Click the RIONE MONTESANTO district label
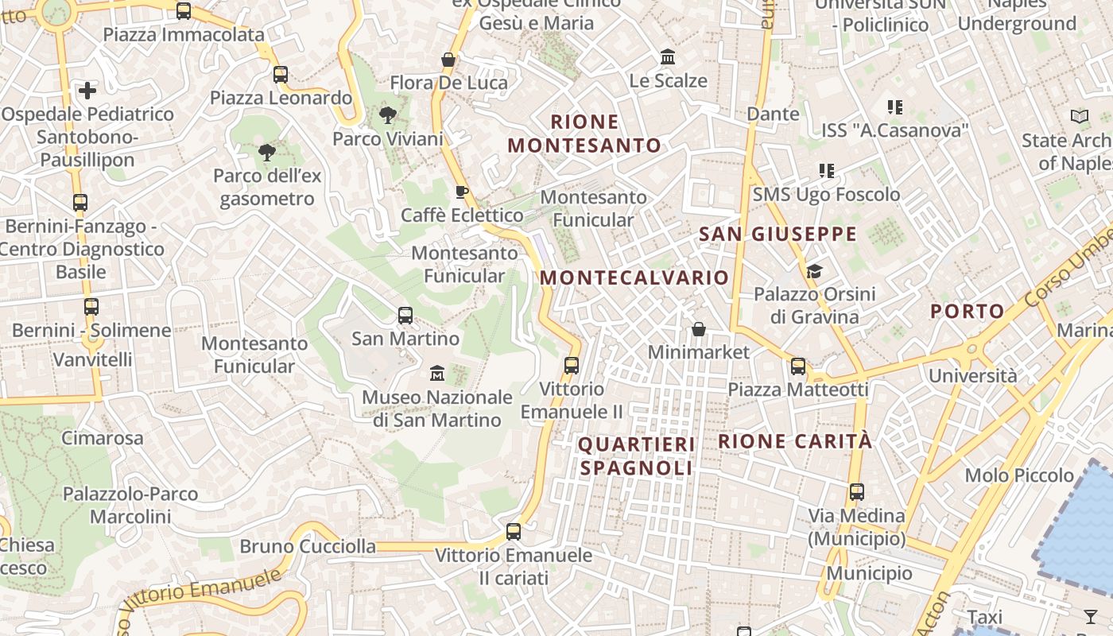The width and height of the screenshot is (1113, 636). click(x=584, y=134)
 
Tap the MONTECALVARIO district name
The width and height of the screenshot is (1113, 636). click(x=634, y=277)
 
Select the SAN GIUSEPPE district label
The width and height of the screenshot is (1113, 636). click(x=778, y=234)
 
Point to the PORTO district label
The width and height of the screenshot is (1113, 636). click(x=968, y=311)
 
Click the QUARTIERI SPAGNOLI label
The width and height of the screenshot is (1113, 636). click(x=636, y=456)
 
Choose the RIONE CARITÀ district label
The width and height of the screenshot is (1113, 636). click(x=795, y=441)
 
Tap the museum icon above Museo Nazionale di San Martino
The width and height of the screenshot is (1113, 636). click(x=436, y=373)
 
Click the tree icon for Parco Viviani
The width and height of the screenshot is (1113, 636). click(x=388, y=116)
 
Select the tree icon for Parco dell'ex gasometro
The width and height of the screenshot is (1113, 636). click(x=267, y=153)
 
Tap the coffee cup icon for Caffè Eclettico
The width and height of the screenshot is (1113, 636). click(x=462, y=192)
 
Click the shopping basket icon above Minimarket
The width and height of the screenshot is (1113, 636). click(x=699, y=329)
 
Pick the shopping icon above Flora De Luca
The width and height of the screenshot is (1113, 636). click(x=448, y=60)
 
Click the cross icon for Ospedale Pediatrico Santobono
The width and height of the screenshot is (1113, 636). click(x=87, y=91)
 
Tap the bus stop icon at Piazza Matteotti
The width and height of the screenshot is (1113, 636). click(x=798, y=366)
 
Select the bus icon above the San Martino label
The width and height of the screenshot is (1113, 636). click(x=405, y=316)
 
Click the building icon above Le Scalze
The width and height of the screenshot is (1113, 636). click(x=668, y=57)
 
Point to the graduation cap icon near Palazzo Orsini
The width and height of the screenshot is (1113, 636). click(x=814, y=272)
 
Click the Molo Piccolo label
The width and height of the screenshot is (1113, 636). click(x=1019, y=475)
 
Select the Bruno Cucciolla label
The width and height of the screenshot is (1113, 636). click(x=308, y=546)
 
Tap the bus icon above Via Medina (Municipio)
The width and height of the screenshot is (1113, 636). click(x=856, y=492)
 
